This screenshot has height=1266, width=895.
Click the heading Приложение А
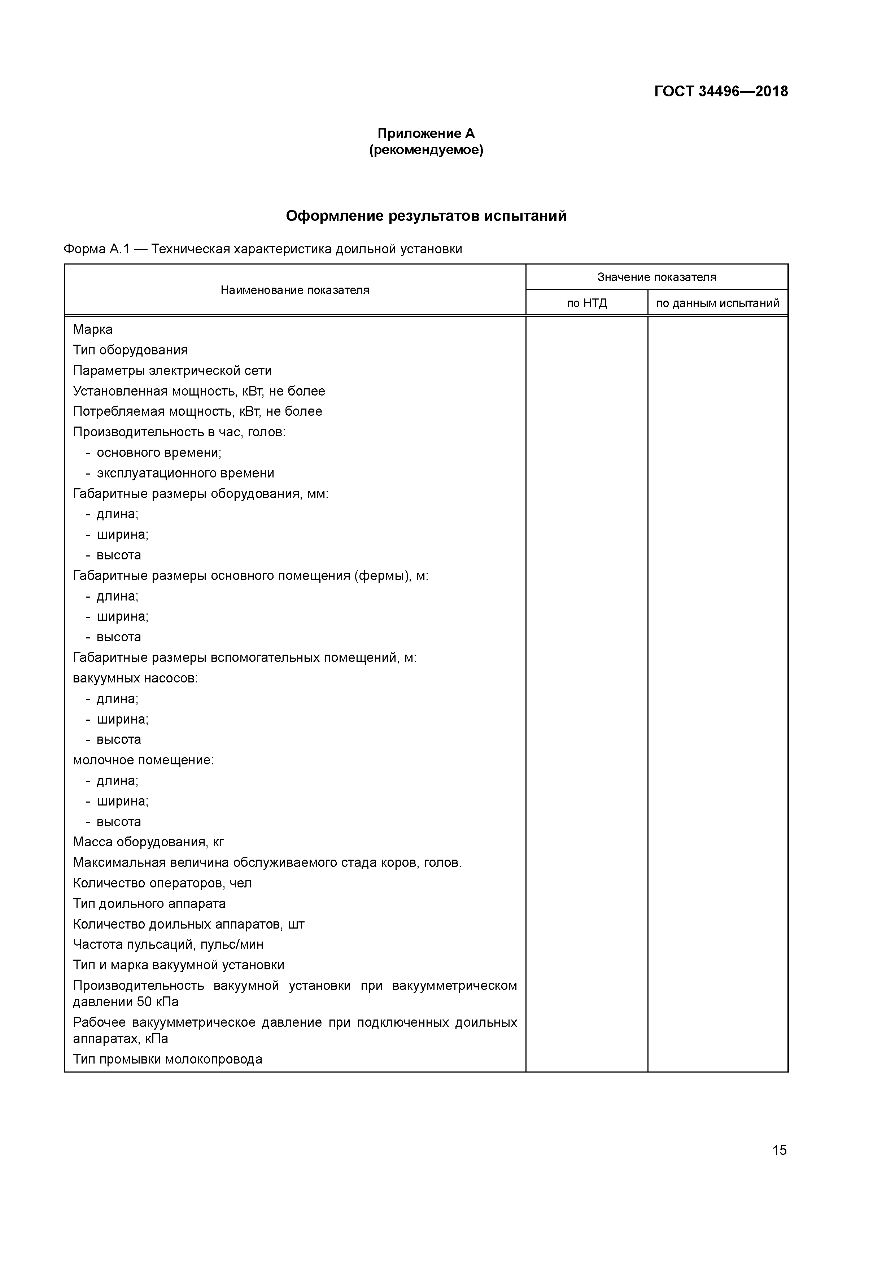click(426, 134)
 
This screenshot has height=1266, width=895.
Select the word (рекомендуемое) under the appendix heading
click(426, 150)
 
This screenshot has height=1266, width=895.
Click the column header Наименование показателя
click(294, 290)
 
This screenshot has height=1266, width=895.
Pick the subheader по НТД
click(587, 303)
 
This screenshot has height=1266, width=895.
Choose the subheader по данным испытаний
click(717, 303)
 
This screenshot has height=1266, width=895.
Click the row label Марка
click(93, 330)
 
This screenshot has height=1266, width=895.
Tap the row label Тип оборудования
click(130, 350)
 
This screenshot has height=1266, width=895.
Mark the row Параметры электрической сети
click(172, 371)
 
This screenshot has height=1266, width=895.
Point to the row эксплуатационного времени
click(185, 473)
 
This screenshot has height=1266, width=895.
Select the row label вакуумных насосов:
click(135, 678)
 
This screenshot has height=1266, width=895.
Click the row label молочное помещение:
click(143, 760)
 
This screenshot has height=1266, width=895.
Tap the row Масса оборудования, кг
click(148, 842)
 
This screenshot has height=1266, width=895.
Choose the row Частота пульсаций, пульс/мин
click(168, 944)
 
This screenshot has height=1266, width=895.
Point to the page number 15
click(779, 1150)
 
